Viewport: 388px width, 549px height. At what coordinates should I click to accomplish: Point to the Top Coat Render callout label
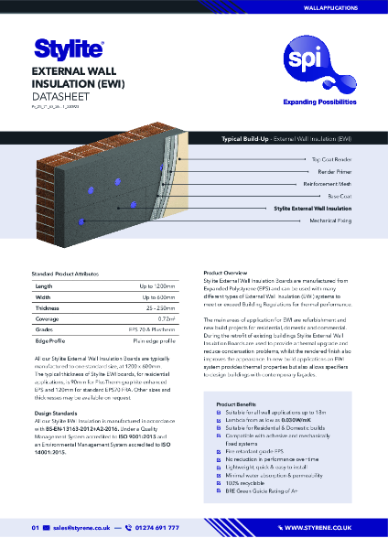pos(345,158)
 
